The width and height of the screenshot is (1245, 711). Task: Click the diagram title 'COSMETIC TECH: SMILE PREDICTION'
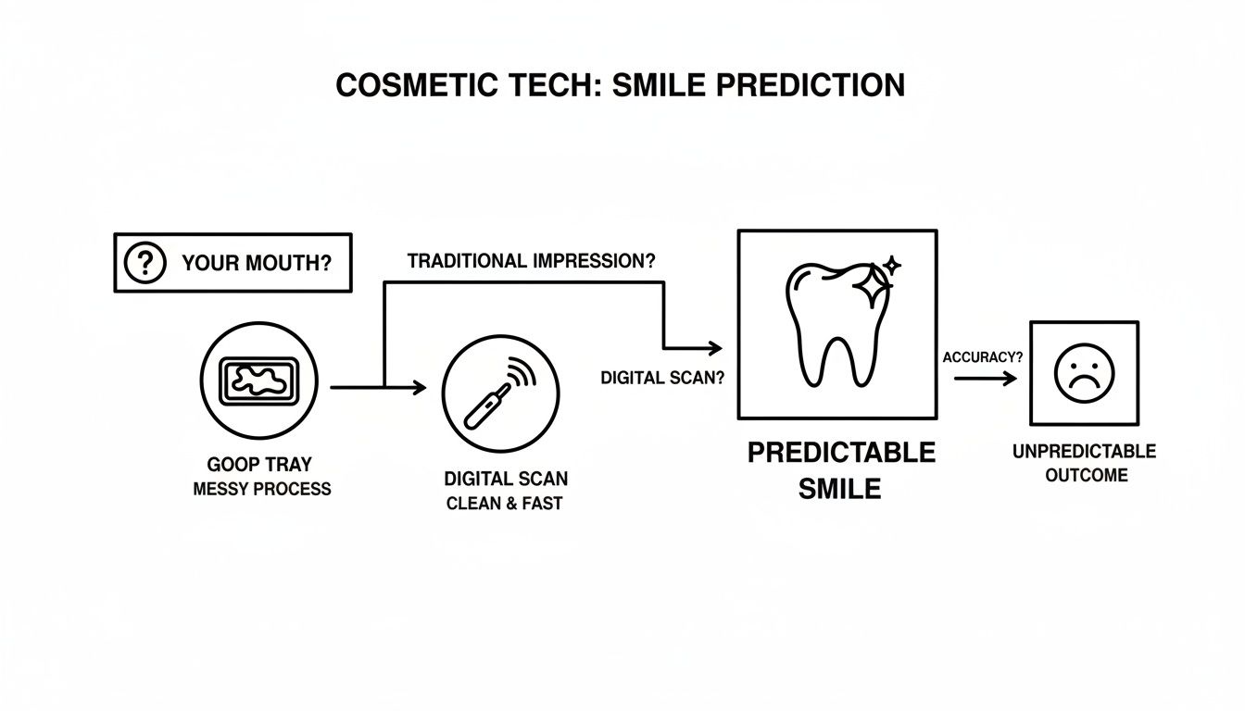point(620,85)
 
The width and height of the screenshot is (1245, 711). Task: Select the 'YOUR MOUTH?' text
point(257,263)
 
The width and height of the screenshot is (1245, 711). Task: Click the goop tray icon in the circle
point(258,380)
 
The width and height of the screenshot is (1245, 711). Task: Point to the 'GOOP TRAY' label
point(259,465)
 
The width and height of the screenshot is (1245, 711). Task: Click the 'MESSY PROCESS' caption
point(261,489)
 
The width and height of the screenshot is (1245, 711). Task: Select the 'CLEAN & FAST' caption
point(504,505)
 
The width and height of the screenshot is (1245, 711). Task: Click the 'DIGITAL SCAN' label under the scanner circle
point(506,480)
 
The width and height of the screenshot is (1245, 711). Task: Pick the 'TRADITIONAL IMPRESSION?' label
point(531,261)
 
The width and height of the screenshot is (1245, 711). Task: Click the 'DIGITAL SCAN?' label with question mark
point(662,378)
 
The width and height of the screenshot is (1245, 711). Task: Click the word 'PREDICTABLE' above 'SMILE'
point(841,453)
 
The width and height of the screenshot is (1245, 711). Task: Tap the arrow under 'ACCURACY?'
point(985,378)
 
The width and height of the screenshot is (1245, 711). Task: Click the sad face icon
point(1084,372)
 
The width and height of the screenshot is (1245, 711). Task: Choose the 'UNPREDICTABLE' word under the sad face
point(1084,451)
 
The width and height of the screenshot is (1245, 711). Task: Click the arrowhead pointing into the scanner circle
point(420,388)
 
